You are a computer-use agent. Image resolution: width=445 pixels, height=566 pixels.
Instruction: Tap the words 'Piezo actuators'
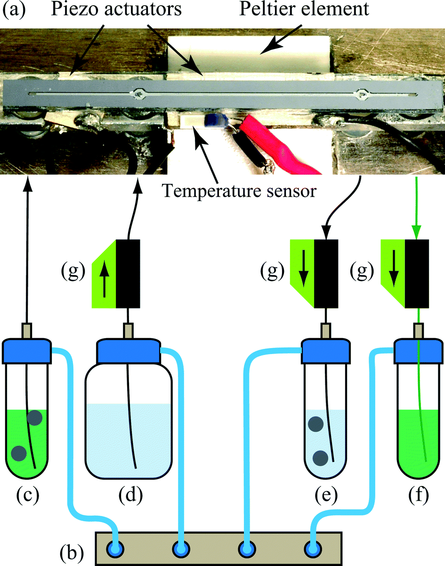pos(121,9)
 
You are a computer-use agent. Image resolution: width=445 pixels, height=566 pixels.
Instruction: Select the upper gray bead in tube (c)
pos(34,417)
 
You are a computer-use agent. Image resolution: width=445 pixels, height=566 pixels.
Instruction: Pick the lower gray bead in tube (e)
pos(321,457)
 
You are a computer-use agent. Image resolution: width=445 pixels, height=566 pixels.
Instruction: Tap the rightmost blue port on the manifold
pos(312,549)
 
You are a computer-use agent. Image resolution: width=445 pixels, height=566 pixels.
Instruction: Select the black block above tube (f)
pos(416,273)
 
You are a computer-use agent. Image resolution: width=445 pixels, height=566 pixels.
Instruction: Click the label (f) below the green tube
pos(415,495)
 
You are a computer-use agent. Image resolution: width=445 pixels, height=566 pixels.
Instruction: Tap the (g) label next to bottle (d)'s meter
pos(73,272)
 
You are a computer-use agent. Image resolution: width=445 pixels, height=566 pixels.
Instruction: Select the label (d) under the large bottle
pos(128,495)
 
